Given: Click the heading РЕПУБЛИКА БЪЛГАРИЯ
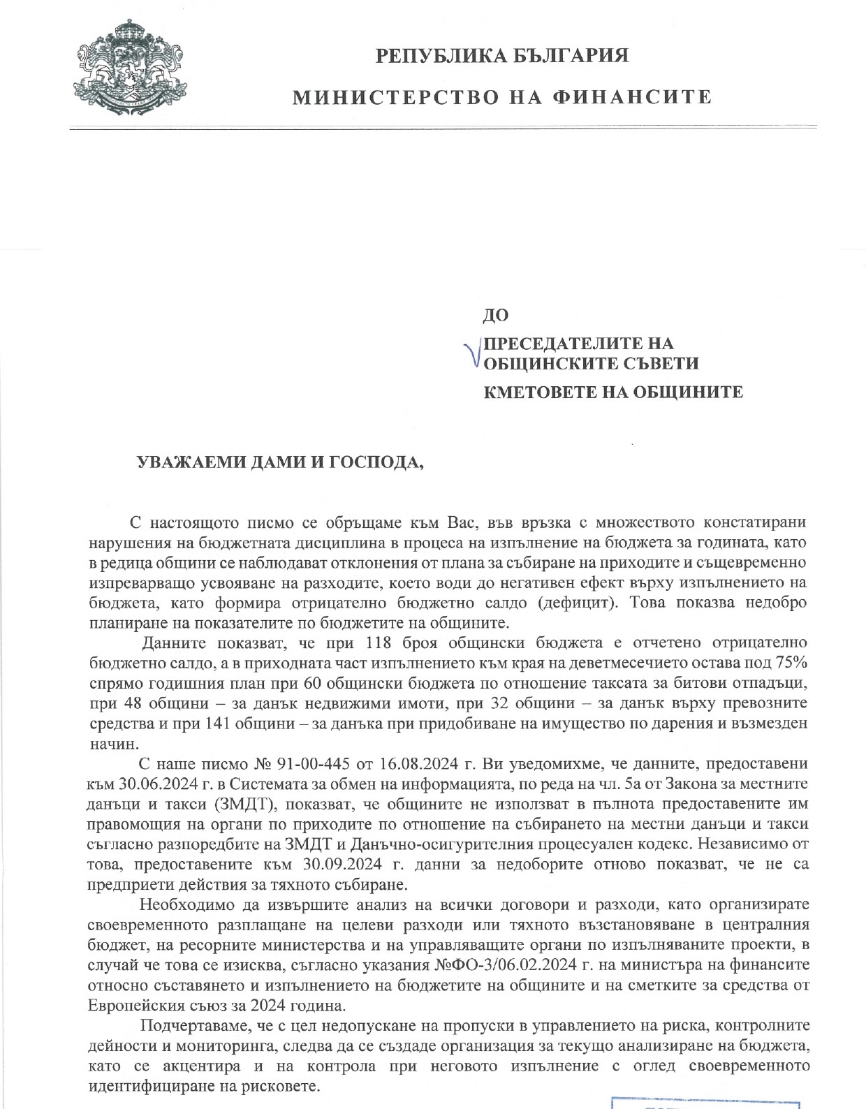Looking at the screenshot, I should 502,55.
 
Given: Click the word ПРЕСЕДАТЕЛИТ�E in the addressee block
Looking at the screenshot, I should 557,344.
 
